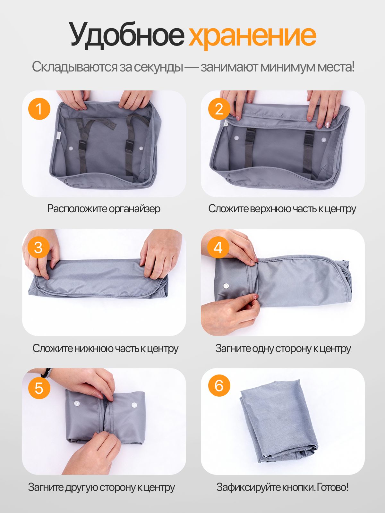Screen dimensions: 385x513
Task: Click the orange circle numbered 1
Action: click(x=39, y=109)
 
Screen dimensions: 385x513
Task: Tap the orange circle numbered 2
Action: click(x=219, y=109)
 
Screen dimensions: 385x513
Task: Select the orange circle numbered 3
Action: click(x=38, y=247)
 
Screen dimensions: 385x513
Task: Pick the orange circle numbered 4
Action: click(x=218, y=247)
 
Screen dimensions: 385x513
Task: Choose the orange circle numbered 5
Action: click(x=39, y=388)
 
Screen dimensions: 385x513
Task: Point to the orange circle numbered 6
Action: click(x=219, y=385)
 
